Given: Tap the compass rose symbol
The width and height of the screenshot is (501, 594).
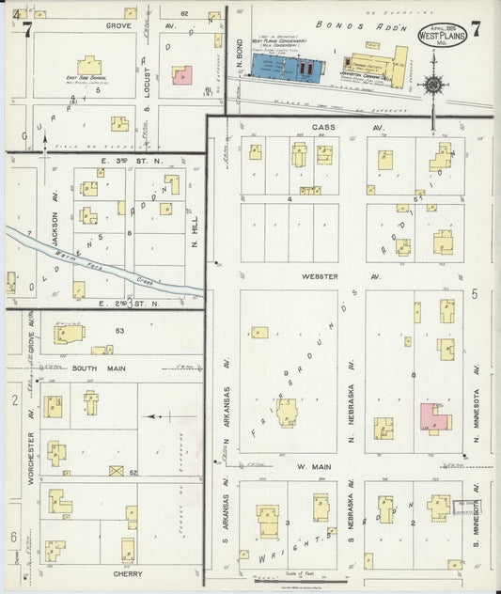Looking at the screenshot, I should (x=433, y=86).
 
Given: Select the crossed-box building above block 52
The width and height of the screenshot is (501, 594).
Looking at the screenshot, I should (x=117, y=470).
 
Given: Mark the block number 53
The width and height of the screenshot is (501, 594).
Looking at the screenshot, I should (x=119, y=331).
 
